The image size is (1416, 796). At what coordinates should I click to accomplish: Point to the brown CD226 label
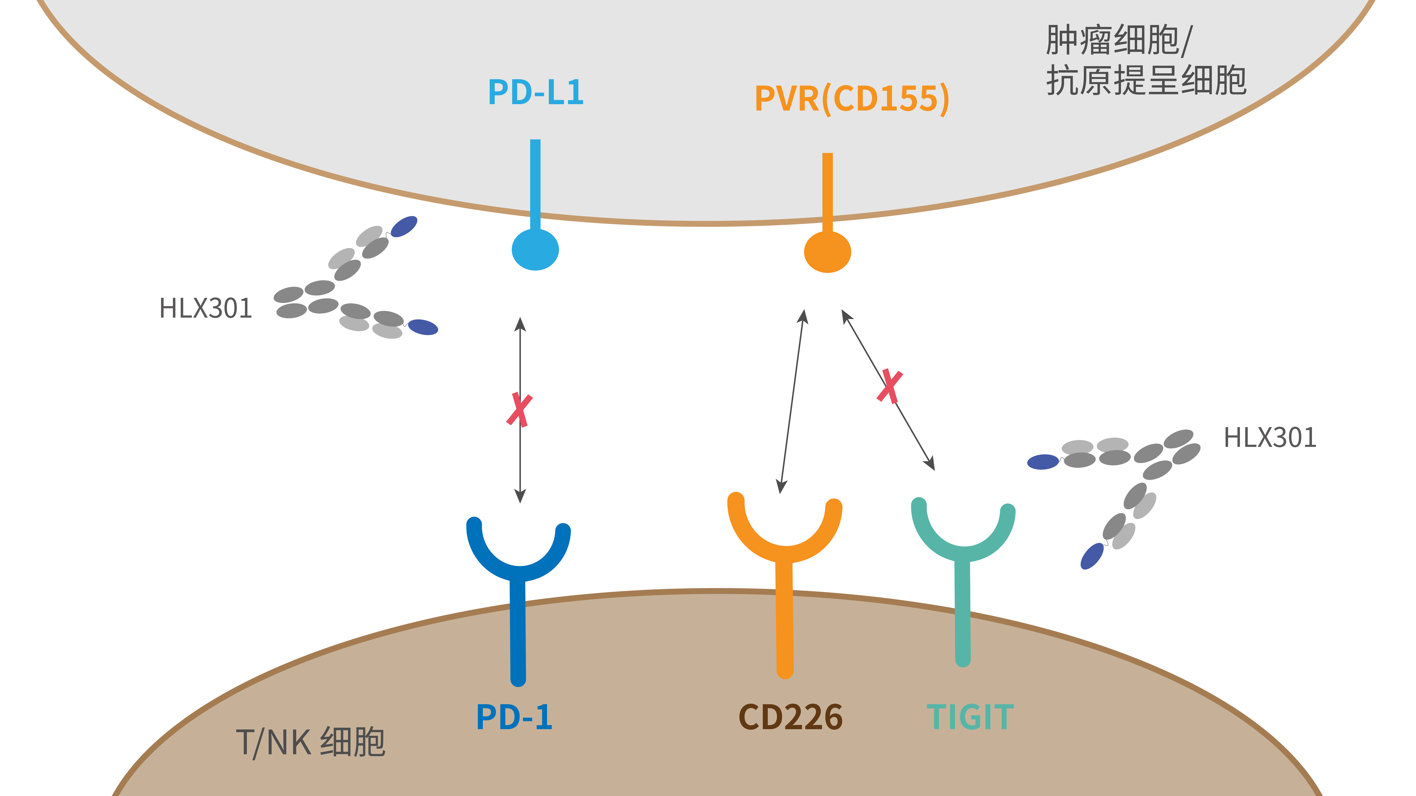point(790,717)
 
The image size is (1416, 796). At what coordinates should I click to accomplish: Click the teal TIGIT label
point(970,717)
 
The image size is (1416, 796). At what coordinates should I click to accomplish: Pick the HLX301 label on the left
point(206,308)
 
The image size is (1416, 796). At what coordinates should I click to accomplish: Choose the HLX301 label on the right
point(1270,438)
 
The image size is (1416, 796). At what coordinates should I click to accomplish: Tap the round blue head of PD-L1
point(535,250)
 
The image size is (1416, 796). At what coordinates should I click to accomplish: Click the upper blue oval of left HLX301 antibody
point(404,226)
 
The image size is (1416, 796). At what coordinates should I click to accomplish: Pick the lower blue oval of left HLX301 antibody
point(423,327)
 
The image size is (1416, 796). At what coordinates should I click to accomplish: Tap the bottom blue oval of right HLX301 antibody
point(1092,557)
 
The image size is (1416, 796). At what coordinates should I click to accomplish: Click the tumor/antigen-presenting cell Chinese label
point(1146,60)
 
